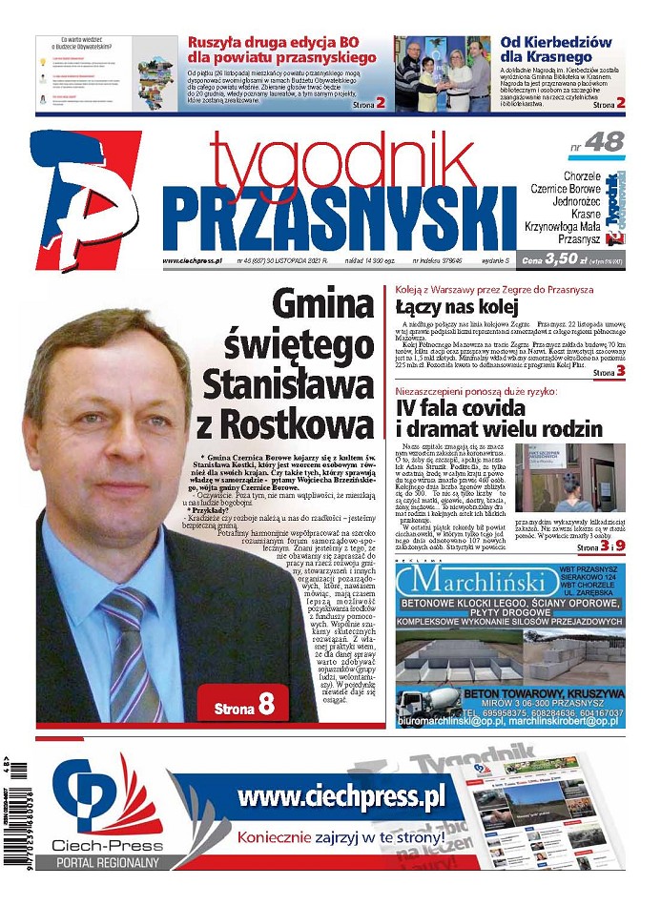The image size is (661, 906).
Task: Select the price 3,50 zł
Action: point(561,257)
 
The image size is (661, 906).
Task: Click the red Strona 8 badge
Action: point(242,704)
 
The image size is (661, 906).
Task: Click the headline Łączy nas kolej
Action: point(456,307)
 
